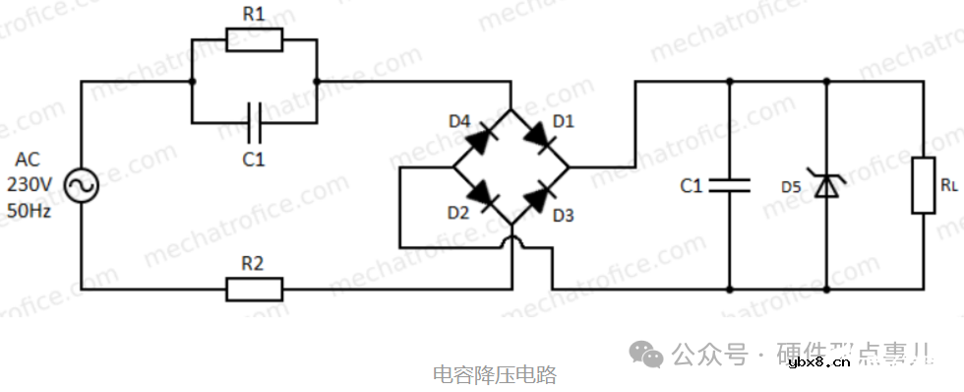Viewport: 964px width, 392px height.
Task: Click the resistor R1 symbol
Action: point(254,40)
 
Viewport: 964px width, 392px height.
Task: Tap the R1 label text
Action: point(254,14)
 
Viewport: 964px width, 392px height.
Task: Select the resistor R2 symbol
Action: point(254,290)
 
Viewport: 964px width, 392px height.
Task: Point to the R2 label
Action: point(254,263)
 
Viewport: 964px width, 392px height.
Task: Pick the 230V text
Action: point(29,184)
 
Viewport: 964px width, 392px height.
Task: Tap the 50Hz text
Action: point(29,208)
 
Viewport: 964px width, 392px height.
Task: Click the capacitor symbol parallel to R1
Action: point(254,122)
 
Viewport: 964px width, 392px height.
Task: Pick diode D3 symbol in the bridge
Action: point(539,196)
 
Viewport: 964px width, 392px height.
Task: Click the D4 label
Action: point(459,121)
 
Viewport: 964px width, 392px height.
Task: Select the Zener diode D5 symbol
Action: point(825,184)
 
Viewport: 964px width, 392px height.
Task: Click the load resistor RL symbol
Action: point(923,184)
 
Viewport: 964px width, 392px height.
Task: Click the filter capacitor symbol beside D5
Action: point(729,184)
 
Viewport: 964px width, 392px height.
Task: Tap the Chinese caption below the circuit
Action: point(495,375)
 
